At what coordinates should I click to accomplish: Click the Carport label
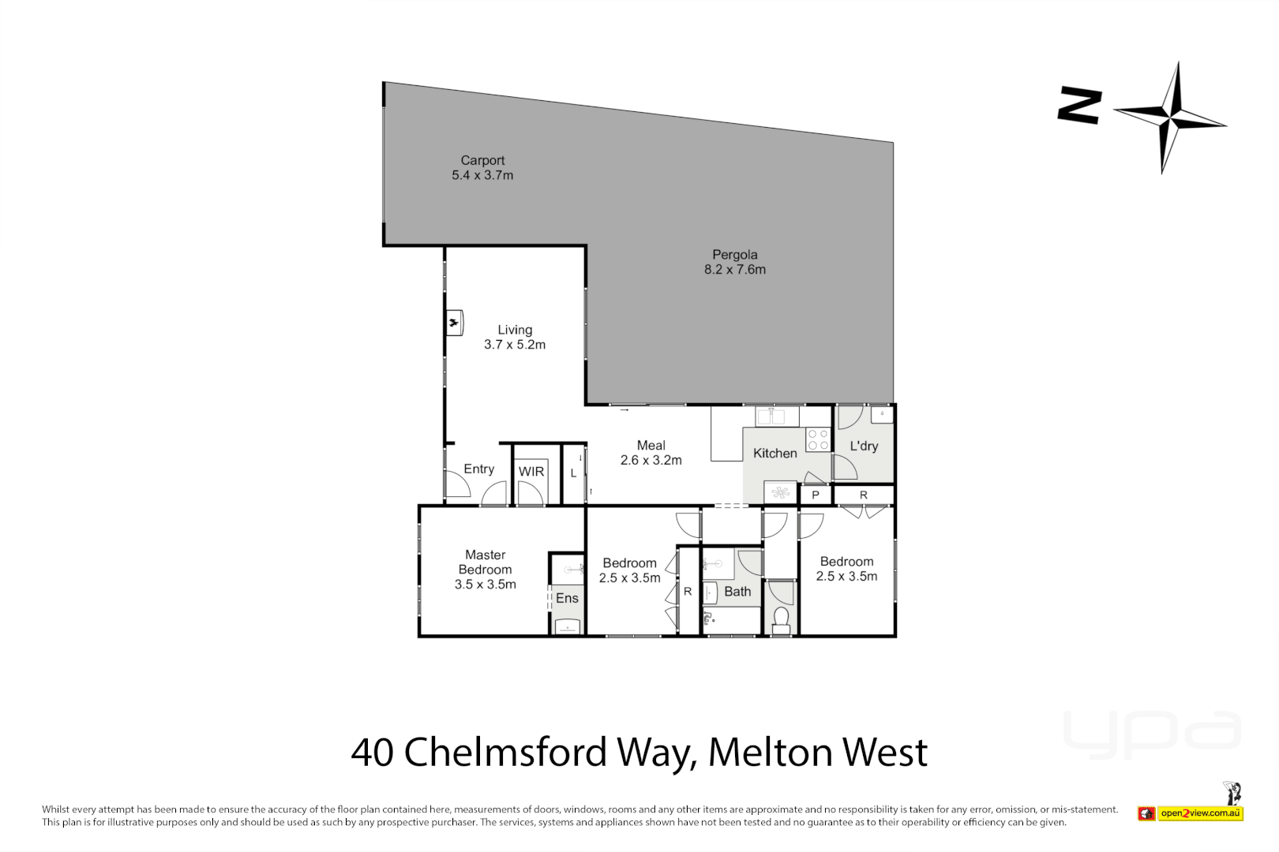(x=482, y=160)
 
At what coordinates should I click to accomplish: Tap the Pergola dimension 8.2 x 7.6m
(x=734, y=270)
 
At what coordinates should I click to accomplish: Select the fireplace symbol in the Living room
(x=454, y=323)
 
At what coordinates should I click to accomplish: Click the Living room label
(x=515, y=330)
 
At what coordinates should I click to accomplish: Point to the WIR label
(x=531, y=472)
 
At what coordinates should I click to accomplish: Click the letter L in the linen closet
(x=573, y=473)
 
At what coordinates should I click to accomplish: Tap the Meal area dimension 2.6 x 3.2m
(x=651, y=460)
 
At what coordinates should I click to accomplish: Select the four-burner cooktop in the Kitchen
(x=818, y=439)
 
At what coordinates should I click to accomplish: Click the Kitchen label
(x=775, y=454)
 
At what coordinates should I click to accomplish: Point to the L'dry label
(x=864, y=446)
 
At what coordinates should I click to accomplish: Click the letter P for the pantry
(x=816, y=495)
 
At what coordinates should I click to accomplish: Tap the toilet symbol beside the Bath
(x=781, y=618)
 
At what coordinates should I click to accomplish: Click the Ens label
(x=567, y=598)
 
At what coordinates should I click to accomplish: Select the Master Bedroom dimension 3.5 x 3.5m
(x=485, y=585)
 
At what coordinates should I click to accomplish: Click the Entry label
(x=478, y=469)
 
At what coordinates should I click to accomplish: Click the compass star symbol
(x=1171, y=118)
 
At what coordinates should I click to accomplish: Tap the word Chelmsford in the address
(x=505, y=752)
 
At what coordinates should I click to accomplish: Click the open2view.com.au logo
(x=1200, y=813)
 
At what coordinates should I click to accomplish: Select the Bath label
(x=737, y=592)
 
